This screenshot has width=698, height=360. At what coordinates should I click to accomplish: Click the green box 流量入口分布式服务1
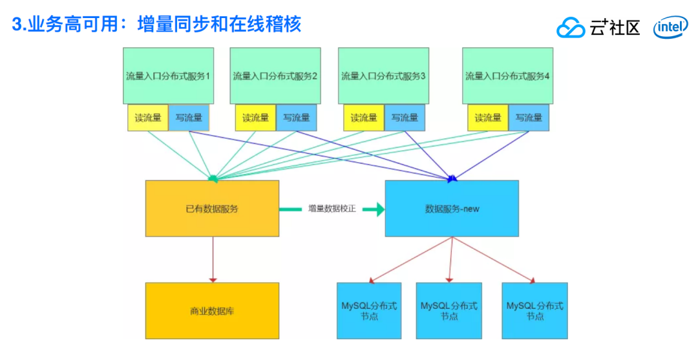click(x=169, y=76)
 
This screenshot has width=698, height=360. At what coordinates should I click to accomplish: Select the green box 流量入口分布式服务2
click(x=275, y=76)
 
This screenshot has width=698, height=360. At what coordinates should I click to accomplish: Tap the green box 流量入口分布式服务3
click(x=383, y=76)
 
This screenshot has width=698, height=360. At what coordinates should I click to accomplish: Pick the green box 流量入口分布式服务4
click(x=507, y=76)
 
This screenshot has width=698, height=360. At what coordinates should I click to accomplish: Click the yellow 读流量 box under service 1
click(x=147, y=118)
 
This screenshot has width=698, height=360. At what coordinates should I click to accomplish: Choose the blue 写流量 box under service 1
click(x=189, y=118)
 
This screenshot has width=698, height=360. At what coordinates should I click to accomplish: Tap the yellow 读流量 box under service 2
click(x=255, y=118)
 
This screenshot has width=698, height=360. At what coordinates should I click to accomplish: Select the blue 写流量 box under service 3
click(x=405, y=118)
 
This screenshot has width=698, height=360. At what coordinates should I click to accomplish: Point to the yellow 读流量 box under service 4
click(x=487, y=118)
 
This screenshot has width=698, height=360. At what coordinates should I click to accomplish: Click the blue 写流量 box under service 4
click(x=529, y=118)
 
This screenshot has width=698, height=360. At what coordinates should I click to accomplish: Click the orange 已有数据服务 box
click(x=212, y=209)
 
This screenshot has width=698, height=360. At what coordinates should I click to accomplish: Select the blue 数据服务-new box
click(x=452, y=209)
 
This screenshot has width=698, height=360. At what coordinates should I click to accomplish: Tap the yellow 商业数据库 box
click(x=212, y=311)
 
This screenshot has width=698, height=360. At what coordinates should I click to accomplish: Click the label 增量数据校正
click(x=332, y=209)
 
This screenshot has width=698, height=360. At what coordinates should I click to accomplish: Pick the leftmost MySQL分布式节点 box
click(x=369, y=311)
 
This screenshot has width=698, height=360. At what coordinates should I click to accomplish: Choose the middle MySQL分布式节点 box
click(x=449, y=311)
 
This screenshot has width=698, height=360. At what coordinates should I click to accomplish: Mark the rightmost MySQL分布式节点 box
click(x=534, y=311)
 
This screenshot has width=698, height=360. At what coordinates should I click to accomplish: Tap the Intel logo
click(x=670, y=28)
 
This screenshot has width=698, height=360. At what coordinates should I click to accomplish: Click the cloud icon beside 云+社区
click(x=570, y=28)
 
